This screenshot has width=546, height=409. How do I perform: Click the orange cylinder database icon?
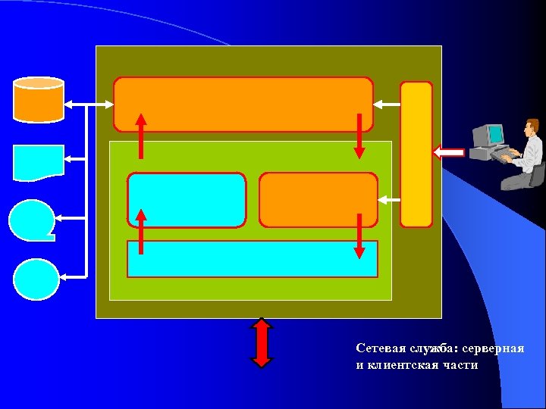click(39, 99)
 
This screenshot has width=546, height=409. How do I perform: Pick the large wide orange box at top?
click(243, 104)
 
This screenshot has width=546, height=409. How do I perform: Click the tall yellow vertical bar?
click(416, 154)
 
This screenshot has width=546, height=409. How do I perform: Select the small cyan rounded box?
click(187, 200)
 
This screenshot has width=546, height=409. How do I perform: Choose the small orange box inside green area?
click(318, 200)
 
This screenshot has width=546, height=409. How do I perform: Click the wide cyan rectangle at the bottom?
click(252, 259)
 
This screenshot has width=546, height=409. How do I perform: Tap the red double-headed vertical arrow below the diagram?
click(262, 342)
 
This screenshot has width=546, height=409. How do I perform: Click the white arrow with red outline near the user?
click(449, 153)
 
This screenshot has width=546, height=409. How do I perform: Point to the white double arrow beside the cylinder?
click(89, 105)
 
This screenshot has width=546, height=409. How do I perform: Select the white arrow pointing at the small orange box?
click(388, 200)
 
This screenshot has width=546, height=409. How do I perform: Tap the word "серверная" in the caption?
click(497, 349)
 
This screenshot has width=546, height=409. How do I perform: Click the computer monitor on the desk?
click(486, 136)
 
